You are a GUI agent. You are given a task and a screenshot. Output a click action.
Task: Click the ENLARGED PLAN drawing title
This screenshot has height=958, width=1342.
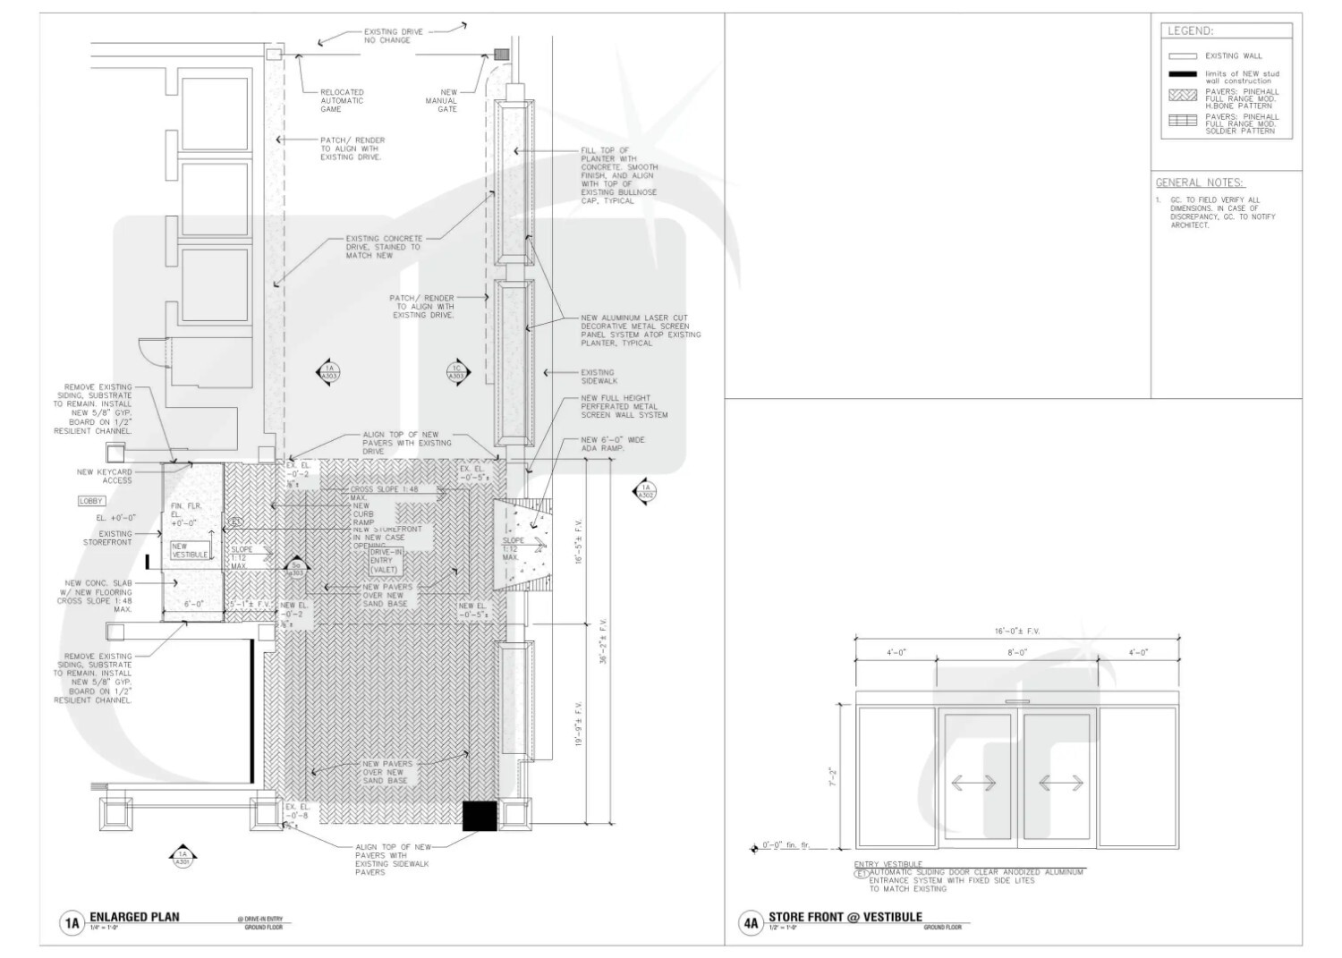point(134,917)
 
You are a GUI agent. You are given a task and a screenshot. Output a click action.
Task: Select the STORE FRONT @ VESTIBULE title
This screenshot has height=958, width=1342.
point(845,917)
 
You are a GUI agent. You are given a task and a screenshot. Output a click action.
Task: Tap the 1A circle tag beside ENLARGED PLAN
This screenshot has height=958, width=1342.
point(72,922)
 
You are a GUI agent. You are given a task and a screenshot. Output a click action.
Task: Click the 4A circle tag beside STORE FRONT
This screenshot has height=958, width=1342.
point(750,922)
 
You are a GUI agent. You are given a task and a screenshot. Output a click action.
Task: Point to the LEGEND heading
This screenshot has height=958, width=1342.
point(1190,31)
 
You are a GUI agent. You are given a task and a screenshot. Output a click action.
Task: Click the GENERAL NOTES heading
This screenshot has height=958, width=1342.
point(1199,182)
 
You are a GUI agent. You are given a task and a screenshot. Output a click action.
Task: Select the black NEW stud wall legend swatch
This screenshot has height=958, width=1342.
point(1182,74)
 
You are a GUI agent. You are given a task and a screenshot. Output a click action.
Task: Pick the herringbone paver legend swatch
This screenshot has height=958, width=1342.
point(1182,95)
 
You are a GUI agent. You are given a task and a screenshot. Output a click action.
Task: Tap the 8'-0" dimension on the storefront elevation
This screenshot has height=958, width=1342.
point(1016,653)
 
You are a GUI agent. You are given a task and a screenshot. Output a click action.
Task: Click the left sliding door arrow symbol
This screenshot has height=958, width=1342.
point(973,783)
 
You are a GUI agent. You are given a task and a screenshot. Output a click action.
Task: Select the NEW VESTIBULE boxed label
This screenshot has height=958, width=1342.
point(190,550)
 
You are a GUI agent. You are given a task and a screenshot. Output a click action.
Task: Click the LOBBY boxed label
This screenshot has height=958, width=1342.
point(92,501)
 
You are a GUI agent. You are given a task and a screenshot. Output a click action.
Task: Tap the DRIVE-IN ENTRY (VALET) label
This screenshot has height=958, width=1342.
point(387,561)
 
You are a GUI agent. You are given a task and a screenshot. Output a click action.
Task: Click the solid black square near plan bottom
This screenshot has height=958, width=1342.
point(479,816)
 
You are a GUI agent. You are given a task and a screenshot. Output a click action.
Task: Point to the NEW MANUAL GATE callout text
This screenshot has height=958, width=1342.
point(448,100)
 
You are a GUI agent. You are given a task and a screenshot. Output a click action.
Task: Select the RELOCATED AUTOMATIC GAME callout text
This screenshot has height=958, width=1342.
point(342,100)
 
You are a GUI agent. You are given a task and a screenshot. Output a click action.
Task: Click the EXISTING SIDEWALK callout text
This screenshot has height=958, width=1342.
point(598,377)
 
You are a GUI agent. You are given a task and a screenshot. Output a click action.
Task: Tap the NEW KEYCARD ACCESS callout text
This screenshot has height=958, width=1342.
point(104,476)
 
